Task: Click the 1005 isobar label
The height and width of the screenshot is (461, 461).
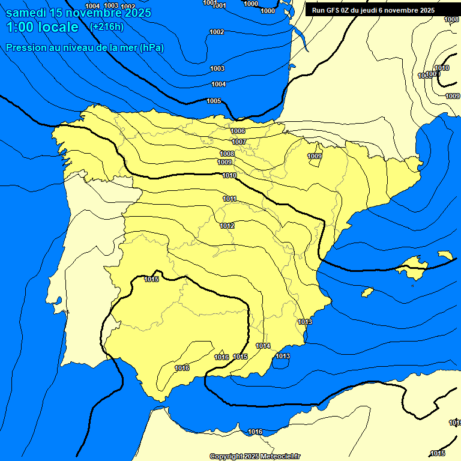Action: tap(214, 101)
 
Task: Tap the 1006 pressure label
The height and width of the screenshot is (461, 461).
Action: tap(238, 131)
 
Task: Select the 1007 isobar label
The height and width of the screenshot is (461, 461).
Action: tap(239, 142)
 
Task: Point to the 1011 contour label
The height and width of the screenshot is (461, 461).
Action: tap(229, 199)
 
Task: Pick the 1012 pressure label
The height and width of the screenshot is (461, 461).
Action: tap(227, 226)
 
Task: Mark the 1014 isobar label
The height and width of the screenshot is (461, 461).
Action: tap(263, 346)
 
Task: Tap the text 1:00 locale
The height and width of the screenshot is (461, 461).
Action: tap(42, 27)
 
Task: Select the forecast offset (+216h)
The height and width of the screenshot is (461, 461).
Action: tap(106, 27)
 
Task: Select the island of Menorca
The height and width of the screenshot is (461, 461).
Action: tap(445, 255)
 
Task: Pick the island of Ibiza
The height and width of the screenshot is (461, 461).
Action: tap(367, 292)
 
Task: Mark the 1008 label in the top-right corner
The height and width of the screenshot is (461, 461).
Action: tap(451, 20)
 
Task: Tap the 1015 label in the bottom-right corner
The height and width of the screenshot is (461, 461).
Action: tap(438, 453)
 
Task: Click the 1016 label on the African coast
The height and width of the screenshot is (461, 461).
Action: tap(255, 432)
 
